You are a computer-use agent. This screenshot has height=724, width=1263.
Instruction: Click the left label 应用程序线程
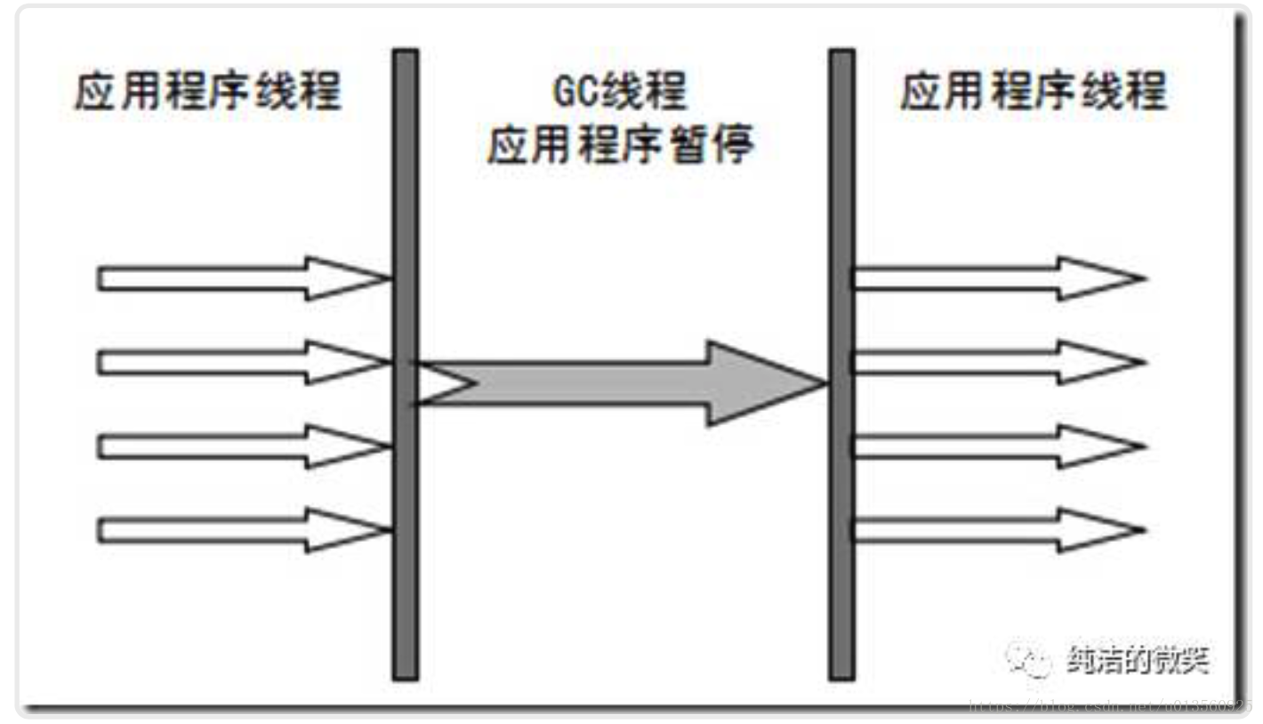click(207, 93)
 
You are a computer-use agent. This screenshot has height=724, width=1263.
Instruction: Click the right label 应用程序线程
click(1033, 93)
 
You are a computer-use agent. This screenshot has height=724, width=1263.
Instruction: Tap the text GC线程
click(619, 93)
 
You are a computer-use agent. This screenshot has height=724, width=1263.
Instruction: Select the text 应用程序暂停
click(619, 144)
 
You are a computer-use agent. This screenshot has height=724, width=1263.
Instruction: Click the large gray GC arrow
click(623, 383)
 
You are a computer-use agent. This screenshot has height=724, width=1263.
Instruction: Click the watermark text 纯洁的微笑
click(1138, 660)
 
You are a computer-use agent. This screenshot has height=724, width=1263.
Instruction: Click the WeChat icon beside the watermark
click(1028, 660)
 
